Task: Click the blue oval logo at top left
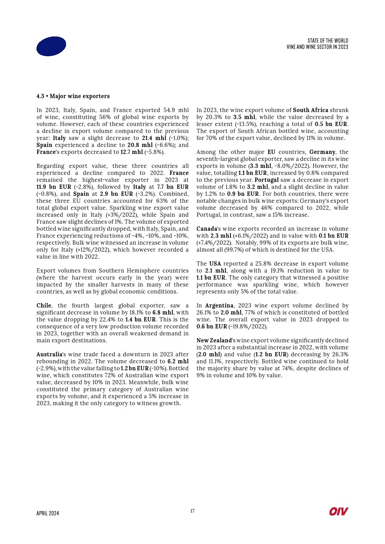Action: click(x=51, y=46)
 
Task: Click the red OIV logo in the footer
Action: click(x=338, y=511)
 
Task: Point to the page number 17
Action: click(x=192, y=511)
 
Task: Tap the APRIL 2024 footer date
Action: click(x=48, y=513)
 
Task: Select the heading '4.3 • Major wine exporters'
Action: click(x=73, y=96)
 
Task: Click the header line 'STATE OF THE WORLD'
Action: click(x=328, y=41)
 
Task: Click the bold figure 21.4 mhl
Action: click(x=154, y=138)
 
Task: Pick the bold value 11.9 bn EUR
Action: click(x=54, y=187)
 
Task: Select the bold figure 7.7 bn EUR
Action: click(x=173, y=187)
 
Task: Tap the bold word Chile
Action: click(x=44, y=306)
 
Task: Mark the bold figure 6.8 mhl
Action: click(x=163, y=313)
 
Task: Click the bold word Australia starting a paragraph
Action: click(x=49, y=354)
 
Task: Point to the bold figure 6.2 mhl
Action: click(x=178, y=361)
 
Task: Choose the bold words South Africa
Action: click(x=310, y=110)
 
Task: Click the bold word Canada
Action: click(x=206, y=229)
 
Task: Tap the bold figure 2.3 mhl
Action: click(x=220, y=236)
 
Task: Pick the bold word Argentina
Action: click(x=219, y=306)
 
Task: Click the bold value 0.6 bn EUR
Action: click(x=212, y=326)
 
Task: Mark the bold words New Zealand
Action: click(x=214, y=340)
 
